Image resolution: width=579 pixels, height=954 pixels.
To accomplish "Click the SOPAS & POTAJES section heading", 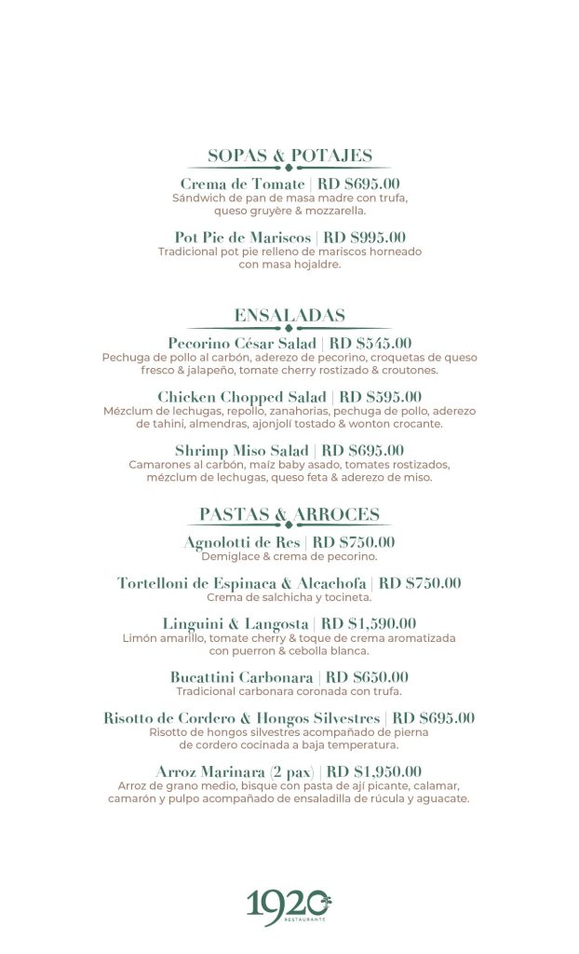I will coord(289,156).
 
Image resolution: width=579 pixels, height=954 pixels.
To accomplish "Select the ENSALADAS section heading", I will coord(289,315).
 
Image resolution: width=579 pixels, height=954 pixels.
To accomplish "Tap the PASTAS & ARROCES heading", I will coord(289,514).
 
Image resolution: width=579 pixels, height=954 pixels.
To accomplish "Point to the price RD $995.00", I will coord(364,238).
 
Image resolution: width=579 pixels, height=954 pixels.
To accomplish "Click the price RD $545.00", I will coord(370,344).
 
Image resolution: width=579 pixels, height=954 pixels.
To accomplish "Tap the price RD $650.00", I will coord(367,677).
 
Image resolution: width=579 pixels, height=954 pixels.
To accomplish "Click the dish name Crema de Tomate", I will coord(242,184).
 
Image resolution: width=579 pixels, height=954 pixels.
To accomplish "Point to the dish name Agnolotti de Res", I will coord(242,542).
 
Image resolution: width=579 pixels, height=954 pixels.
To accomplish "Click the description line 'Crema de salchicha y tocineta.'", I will coord(289,597).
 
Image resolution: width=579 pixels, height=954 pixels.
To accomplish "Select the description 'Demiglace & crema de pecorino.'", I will coord(289,556).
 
